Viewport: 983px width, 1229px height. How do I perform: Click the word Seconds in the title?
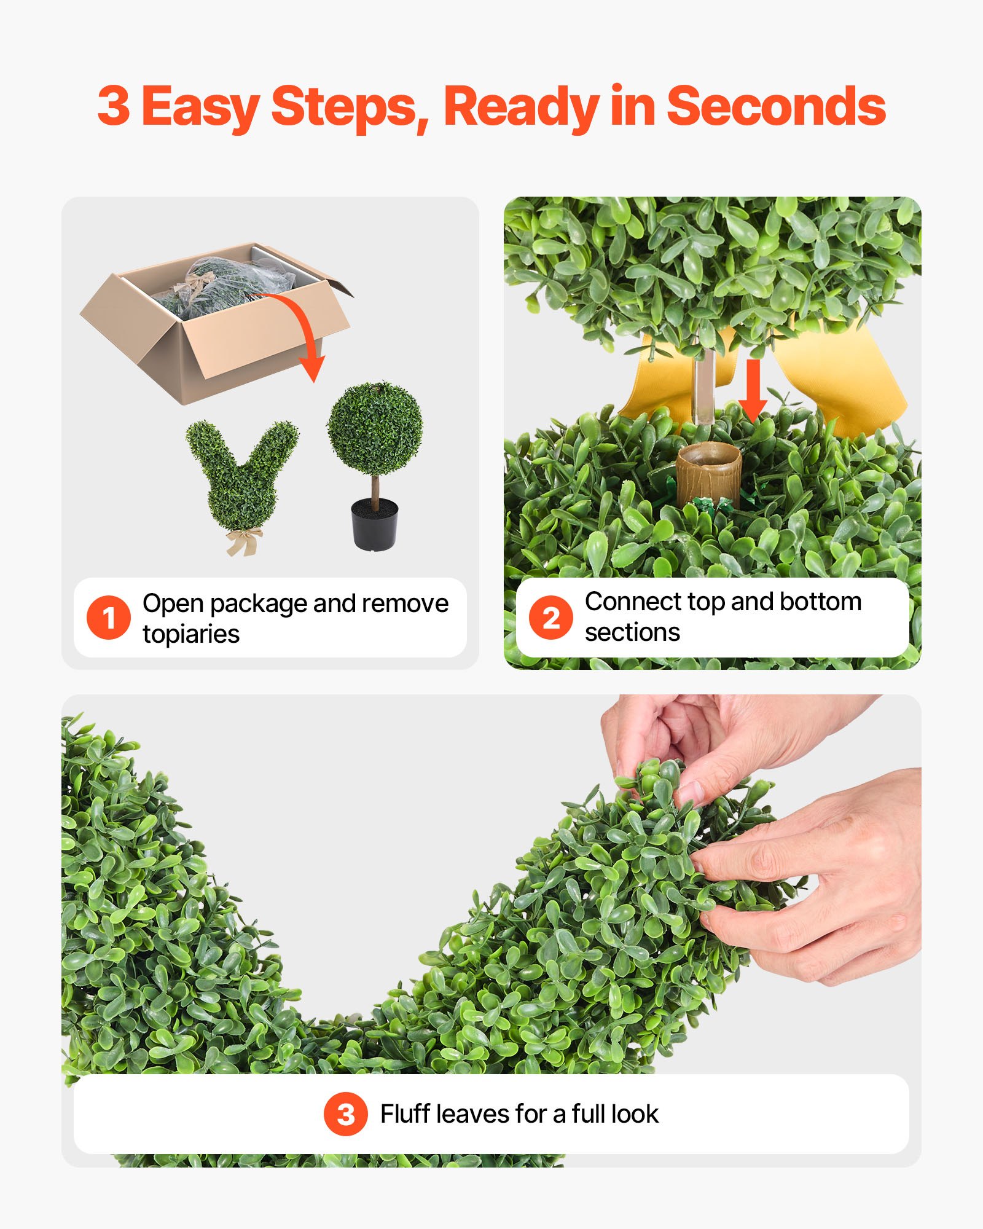(x=775, y=106)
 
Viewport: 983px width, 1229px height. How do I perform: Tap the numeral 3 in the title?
(x=114, y=106)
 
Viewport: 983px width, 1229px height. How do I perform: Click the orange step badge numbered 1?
(x=109, y=618)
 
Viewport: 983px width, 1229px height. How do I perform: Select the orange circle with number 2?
(x=551, y=618)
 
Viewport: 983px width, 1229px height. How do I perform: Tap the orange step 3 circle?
(x=346, y=1114)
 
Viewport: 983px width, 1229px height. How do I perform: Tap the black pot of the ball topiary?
(x=375, y=525)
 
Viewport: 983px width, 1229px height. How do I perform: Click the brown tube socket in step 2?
(x=708, y=473)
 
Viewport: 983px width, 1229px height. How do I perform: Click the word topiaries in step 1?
(x=191, y=635)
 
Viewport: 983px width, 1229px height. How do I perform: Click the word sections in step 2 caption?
(x=632, y=632)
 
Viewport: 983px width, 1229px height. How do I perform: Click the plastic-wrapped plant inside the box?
(x=227, y=283)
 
